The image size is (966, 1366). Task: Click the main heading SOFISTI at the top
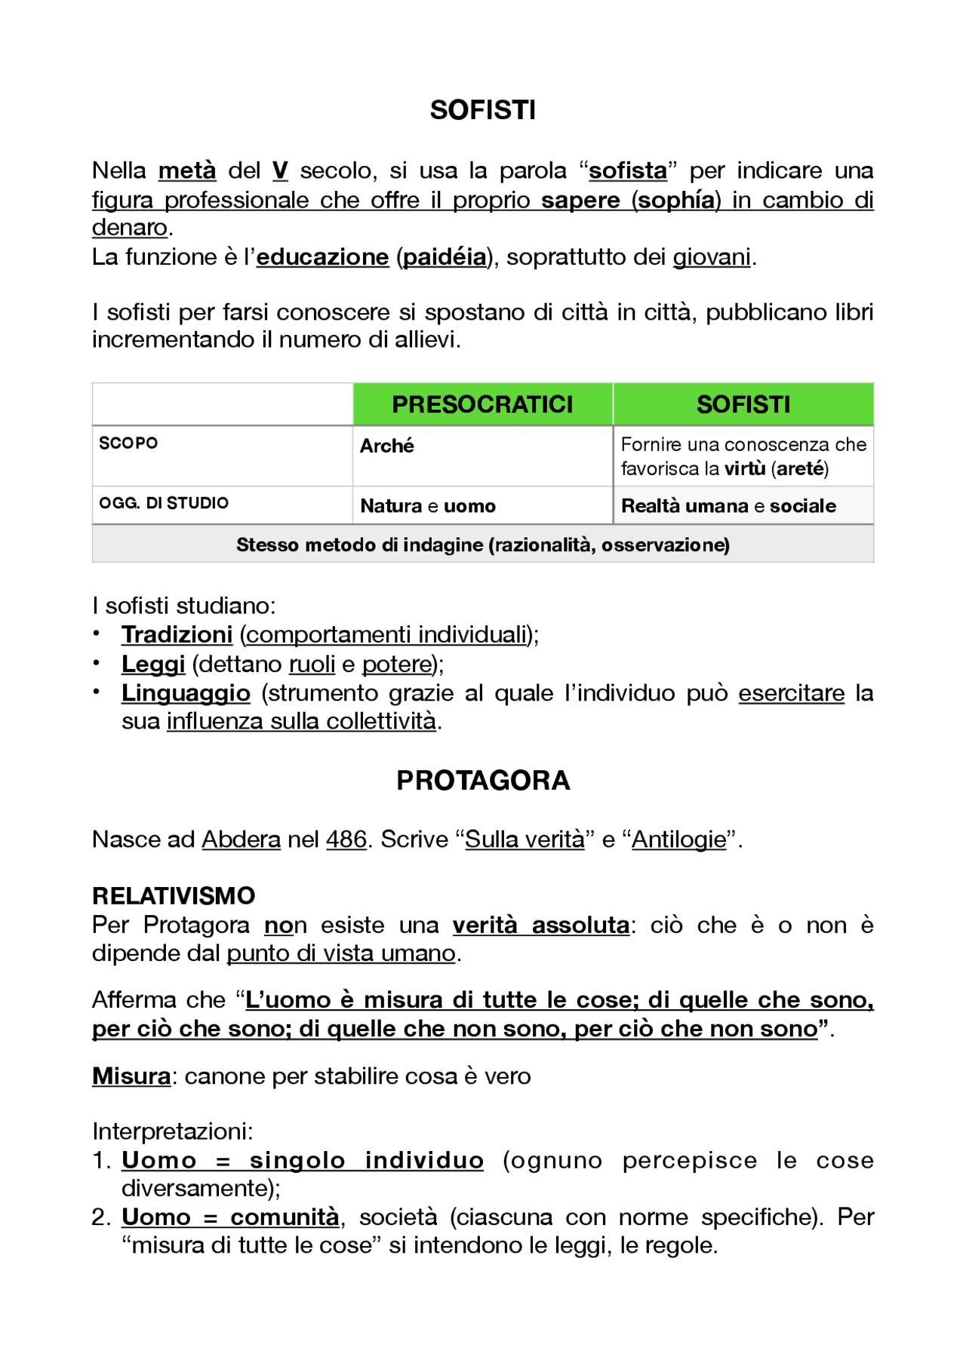pyautogui.click(x=482, y=110)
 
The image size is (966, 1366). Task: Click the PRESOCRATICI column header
pyautogui.click(x=482, y=404)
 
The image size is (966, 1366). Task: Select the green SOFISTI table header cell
pyautogui.click(x=743, y=404)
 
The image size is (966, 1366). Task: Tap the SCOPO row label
pyautogui.click(x=128, y=443)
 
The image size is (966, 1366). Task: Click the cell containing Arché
pyautogui.click(x=387, y=446)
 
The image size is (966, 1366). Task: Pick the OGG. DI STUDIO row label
pyautogui.click(x=164, y=503)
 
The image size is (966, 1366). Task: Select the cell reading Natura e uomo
pyautogui.click(x=428, y=506)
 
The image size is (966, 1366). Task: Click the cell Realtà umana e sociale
pyautogui.click(x=728, y=506)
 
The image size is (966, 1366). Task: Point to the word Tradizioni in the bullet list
pyautogui.click(x=177, y=635)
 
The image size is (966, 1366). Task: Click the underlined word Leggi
pyautogui.click(x=153, y=665)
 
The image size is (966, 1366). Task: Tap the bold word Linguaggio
pyautogui.click(x=186, y=693)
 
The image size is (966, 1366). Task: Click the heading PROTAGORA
pyautogui.click(x=483, y=781)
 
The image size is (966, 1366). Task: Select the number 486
pyautogui.click(x=346, y=840)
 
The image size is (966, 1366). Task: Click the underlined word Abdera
pyautogui.click(x=241, y=840)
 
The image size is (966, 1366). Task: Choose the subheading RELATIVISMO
pyautogui.click(x=174, y=896)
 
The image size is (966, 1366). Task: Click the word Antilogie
pyautogui.click(x=678, y=840)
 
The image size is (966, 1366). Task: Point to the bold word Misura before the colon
pyautogui.click(x=131, y=1076)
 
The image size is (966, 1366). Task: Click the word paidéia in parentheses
pyautogui.click(x=445, y=257)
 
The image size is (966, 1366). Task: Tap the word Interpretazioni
pyautogui.click(x=172, y=1131)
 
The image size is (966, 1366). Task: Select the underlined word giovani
pyautogui.click(x=712, y=257)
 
